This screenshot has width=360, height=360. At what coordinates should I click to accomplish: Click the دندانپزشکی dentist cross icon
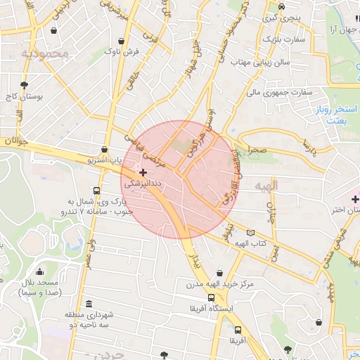(143, 172)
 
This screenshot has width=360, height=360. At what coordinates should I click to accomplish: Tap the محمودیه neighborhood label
(45, 53)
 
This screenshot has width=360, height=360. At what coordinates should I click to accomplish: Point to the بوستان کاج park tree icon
(25, 84)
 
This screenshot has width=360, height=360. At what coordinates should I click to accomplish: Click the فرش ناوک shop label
(122, 51)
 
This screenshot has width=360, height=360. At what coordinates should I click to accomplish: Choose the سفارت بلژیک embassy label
(283, 39)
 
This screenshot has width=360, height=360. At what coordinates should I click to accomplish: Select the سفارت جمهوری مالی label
(278, 91)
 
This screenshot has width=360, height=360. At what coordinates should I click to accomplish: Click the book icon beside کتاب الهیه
(251, 233)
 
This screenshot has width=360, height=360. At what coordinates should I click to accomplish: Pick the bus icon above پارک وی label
(96, 190)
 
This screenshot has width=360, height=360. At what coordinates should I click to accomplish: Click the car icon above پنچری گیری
(281, 6)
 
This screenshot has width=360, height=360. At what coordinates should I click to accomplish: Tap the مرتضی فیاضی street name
(144, 148)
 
